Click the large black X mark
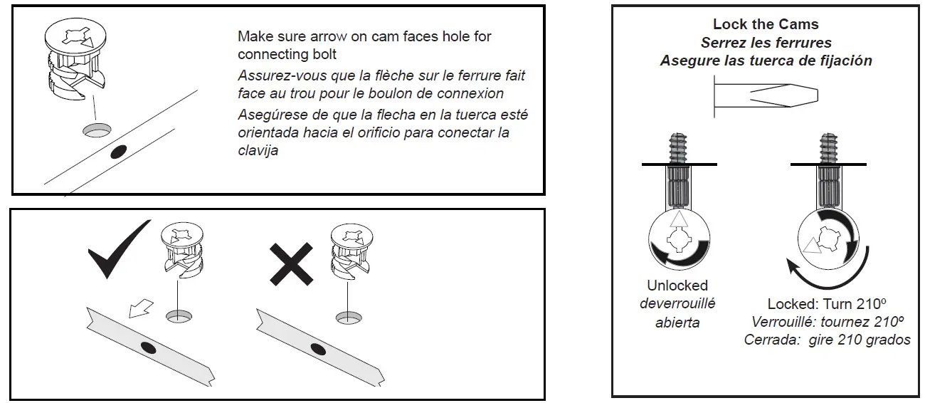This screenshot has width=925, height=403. click(290, 263)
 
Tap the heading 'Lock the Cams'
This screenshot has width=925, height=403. click(766, 24)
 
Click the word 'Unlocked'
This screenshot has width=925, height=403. click(677, 286)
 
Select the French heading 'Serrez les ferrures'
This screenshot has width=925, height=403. click(766, 43)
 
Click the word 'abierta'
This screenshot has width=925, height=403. click(677, 322)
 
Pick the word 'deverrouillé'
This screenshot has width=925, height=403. click(677, 303)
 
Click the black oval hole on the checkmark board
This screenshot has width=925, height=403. click(148, 347)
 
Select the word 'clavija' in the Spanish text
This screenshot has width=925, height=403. click(258, 150)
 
